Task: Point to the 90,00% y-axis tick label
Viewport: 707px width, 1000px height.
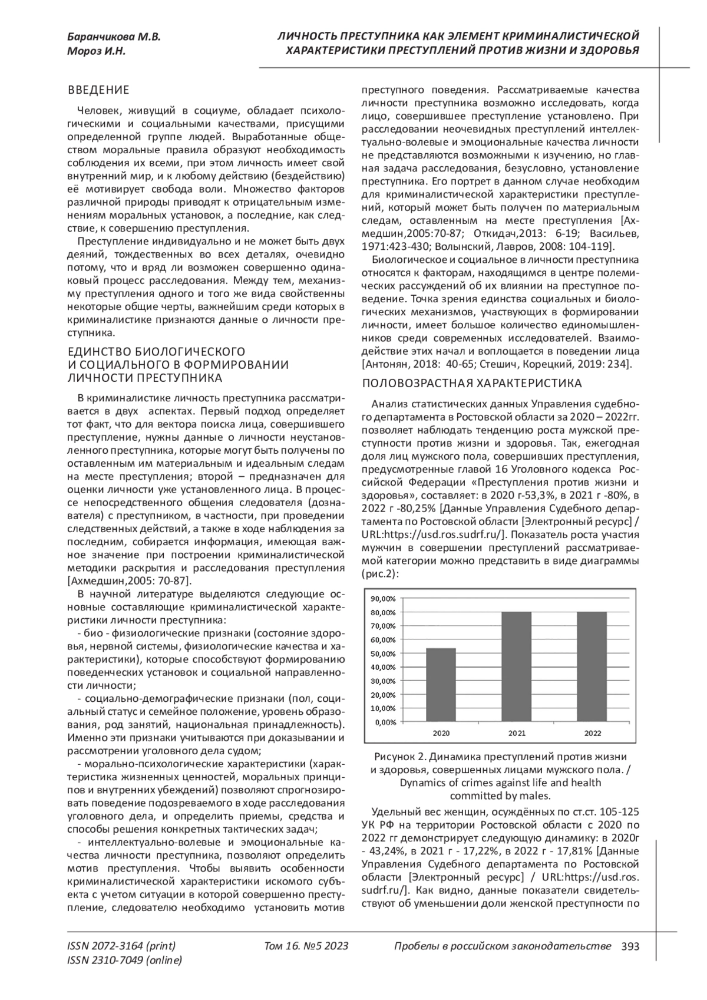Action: (383, 598)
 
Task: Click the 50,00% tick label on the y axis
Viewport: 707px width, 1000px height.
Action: (383, 654)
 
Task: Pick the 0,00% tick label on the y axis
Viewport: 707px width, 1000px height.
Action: (385, 721)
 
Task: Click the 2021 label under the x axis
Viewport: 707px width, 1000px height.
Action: (517, 733)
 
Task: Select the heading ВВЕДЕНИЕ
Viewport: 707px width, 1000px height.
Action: (98, 90)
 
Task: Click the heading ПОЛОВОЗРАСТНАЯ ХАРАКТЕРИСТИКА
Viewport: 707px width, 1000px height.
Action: (471, 384)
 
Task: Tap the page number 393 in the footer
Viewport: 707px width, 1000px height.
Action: (630, 946)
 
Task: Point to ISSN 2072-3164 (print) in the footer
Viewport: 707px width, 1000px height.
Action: (122, 946)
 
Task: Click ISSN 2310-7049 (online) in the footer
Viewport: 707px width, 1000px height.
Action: (125, 961)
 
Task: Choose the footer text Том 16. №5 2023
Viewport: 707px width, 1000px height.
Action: (307, 946)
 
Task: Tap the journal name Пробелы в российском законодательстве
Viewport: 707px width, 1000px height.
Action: (501, 946)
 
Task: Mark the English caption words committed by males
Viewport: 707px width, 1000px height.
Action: (500, 796)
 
